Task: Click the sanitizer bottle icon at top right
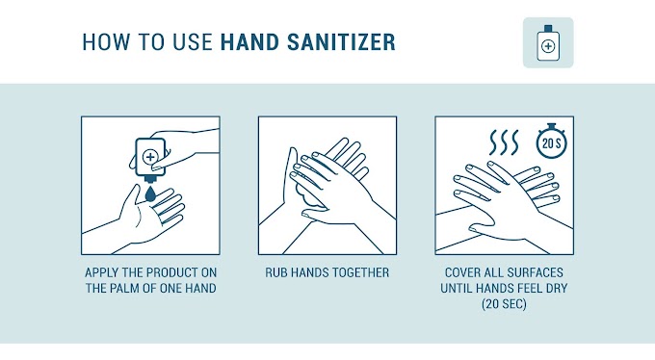tap(548, 42)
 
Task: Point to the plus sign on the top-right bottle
tap(548, 46)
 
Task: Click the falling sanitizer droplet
tap(150, 193)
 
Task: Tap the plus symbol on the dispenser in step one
tap(149, 157)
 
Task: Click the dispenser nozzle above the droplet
tap(150, 180)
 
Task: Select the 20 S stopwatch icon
tap(551, 141)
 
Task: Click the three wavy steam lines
tap(504, 142)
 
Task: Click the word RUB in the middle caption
tap(275, 272)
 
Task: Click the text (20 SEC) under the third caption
tap(504, 303)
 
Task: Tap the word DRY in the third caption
tap(556, 288)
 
